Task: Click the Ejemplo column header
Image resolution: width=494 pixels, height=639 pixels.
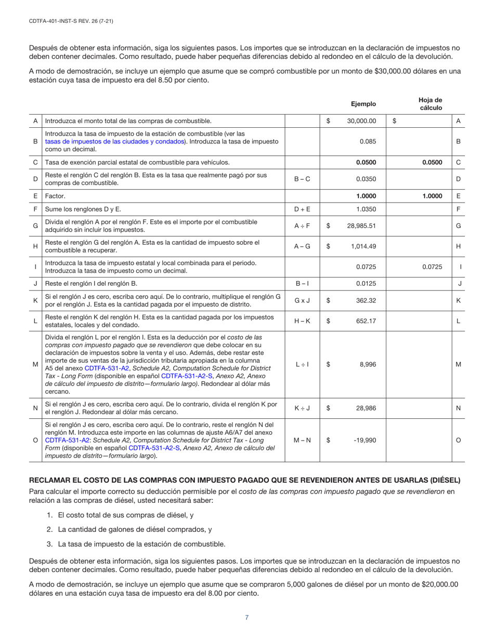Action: (x=363, y=104)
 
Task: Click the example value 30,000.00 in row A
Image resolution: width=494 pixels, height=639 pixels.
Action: (x=361, y=121)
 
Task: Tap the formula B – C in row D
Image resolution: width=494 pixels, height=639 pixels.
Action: (x=302, y=179)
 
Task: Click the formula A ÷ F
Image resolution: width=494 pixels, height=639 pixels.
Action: (x=302, y=226)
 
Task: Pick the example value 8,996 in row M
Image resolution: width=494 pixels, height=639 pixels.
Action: (x=366, y=365)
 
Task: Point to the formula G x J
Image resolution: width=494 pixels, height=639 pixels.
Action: (x=302, y=300)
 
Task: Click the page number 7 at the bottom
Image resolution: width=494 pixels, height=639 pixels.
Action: (x=247, y=617)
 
